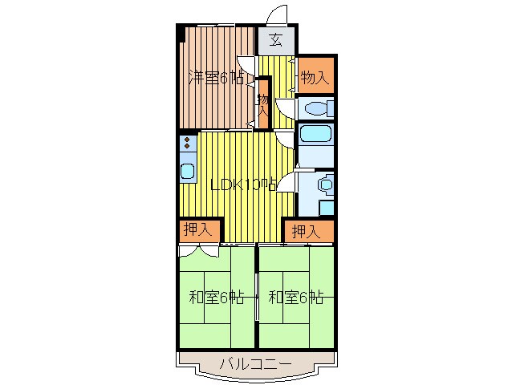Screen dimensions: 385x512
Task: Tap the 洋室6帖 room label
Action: pos(216,78)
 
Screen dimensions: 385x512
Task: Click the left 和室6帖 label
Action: pos(217,298)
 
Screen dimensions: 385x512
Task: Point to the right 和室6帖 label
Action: pos(295,298)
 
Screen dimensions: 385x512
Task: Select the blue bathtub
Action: pos(314,135)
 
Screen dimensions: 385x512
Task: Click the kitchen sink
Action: pos(187,171)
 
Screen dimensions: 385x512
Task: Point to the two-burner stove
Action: pos(186,144)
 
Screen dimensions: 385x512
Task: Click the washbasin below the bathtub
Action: pos(324,184)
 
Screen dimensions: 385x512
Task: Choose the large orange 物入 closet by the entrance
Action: pos(314,77)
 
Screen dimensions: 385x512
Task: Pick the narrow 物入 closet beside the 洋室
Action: pos(262,104)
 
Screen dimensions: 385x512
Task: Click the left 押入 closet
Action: pos(197,230)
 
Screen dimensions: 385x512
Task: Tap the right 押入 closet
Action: pos(307,232)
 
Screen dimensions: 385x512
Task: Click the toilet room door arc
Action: pos(285,108)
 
